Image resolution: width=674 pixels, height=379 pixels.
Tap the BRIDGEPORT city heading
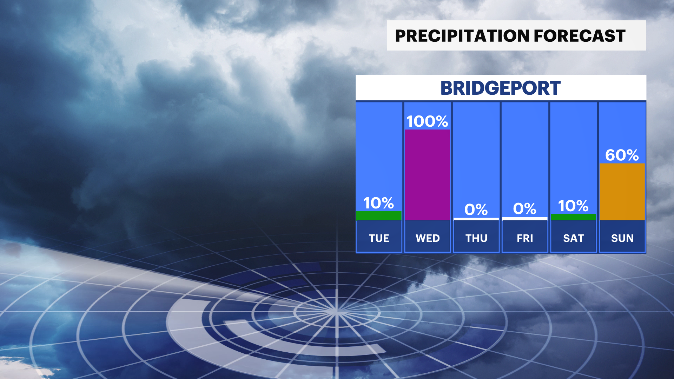(x=501, y=88)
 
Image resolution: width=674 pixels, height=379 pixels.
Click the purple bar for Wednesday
(x=428, y=175)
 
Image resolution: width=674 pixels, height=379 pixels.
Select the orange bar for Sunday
(x=622, y=192)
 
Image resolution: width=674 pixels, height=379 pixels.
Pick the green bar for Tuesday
(x=379, y=215)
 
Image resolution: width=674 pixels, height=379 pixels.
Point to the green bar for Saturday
(x=574, y=217)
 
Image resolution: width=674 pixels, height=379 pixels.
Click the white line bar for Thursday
(x=476, y=219)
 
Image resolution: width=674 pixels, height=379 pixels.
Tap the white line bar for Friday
(x=525, y=218)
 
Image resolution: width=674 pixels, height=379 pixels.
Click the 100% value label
(x=427, y=121)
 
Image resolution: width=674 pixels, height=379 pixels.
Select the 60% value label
(x=622, y=155)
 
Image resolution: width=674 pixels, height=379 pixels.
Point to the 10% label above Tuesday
(x=378, y=203)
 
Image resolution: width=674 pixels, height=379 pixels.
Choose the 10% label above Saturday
(x=573, y=206)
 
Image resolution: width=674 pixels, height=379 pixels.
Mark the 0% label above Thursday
(x=476, y=210)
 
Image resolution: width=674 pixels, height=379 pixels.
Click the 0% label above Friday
(x=525, y=209)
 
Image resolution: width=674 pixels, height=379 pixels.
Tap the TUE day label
(x=379, y=238)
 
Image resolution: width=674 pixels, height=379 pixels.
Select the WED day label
(x=428, y=238)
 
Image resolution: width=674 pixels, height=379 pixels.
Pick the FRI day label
(x=525, y=238)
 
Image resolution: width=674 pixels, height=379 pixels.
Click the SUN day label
(x=622, y=238)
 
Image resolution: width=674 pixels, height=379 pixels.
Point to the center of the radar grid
(x=336, y=311)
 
